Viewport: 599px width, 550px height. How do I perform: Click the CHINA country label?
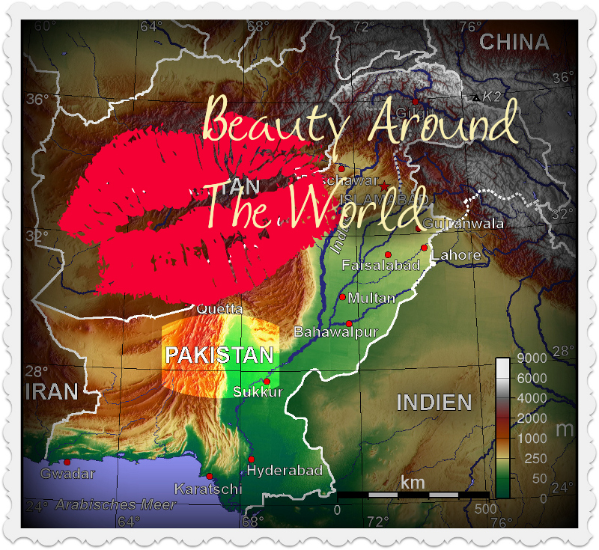coord(514,42)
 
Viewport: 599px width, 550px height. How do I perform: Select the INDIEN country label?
coord(434,403)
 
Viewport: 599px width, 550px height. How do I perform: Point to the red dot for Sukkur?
coord(267,382)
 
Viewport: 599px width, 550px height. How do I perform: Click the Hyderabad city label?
coord(285,471)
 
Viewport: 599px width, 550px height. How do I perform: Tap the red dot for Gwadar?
coord(67,462)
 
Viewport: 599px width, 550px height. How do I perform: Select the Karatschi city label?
coord(208,489)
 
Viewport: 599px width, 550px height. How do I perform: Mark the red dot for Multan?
coord(343,297)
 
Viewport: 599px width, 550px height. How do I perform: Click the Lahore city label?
coord(455,256)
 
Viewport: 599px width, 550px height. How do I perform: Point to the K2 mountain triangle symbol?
coord(475,98)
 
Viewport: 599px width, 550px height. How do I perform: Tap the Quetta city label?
coord(219,308)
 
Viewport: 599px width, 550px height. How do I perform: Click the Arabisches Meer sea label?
coord(115,505)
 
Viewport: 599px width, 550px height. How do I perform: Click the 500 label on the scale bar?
coord(486,510)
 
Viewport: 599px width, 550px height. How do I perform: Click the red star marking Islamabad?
coord(384,186)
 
